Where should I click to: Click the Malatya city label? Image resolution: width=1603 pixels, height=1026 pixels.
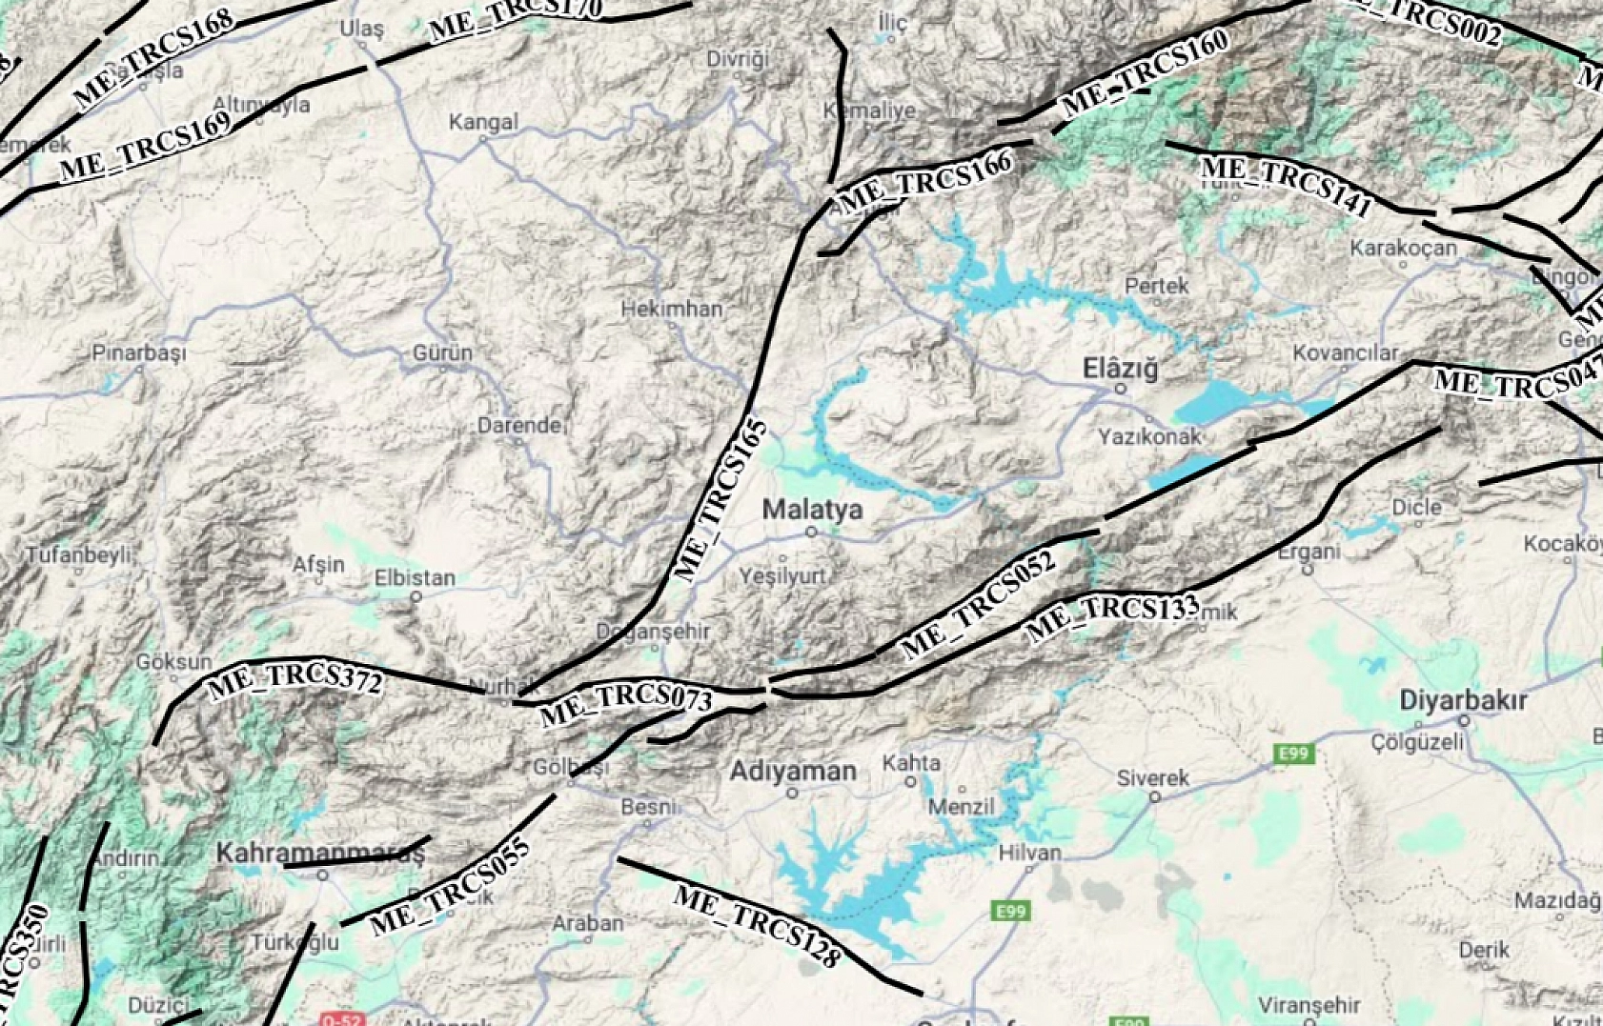pyautogui.click(x=812, y=510)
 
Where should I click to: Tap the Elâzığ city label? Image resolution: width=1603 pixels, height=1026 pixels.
pyautogui.click(x=1120, y=369)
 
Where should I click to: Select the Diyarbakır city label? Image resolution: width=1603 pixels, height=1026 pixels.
pyautogui.click(x=1463, y=701)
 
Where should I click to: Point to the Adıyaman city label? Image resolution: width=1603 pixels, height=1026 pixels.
pyautogui.click(x=793, y=771)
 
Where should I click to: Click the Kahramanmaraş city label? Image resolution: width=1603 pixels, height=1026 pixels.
pyautogui.click(x=319, y=853)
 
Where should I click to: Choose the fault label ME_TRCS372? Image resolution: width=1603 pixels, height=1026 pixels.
pyautogui.click(x=295, y=679)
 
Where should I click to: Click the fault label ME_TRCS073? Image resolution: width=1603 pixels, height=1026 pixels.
pyautogui.click(x=626, y=704)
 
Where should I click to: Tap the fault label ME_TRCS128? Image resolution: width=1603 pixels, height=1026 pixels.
pyautogui.click(x=758, y=925)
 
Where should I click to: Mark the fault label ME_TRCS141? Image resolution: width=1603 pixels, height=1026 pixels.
pyautogui.click(x=1286, y=185)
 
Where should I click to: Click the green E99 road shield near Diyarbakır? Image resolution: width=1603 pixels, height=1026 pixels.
pyautogui.click(x=1293, y=754)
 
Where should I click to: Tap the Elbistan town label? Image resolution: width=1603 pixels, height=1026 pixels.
pyautogui.click(x=415, y=577)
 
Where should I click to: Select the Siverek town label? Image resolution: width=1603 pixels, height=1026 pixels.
pyautogui.click(x=1153, y=778)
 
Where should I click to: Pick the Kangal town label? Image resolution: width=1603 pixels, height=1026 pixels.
pyautogui.click(x=483, y=122)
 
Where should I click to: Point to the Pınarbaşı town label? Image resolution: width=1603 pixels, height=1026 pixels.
pyautogui.click(x=139, y=352)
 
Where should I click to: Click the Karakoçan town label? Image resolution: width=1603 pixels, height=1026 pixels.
pyautogui.click(x=1403, y=249)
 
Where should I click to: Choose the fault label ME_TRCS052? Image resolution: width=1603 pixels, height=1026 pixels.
pyautogui.click(x=979, y=603)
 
